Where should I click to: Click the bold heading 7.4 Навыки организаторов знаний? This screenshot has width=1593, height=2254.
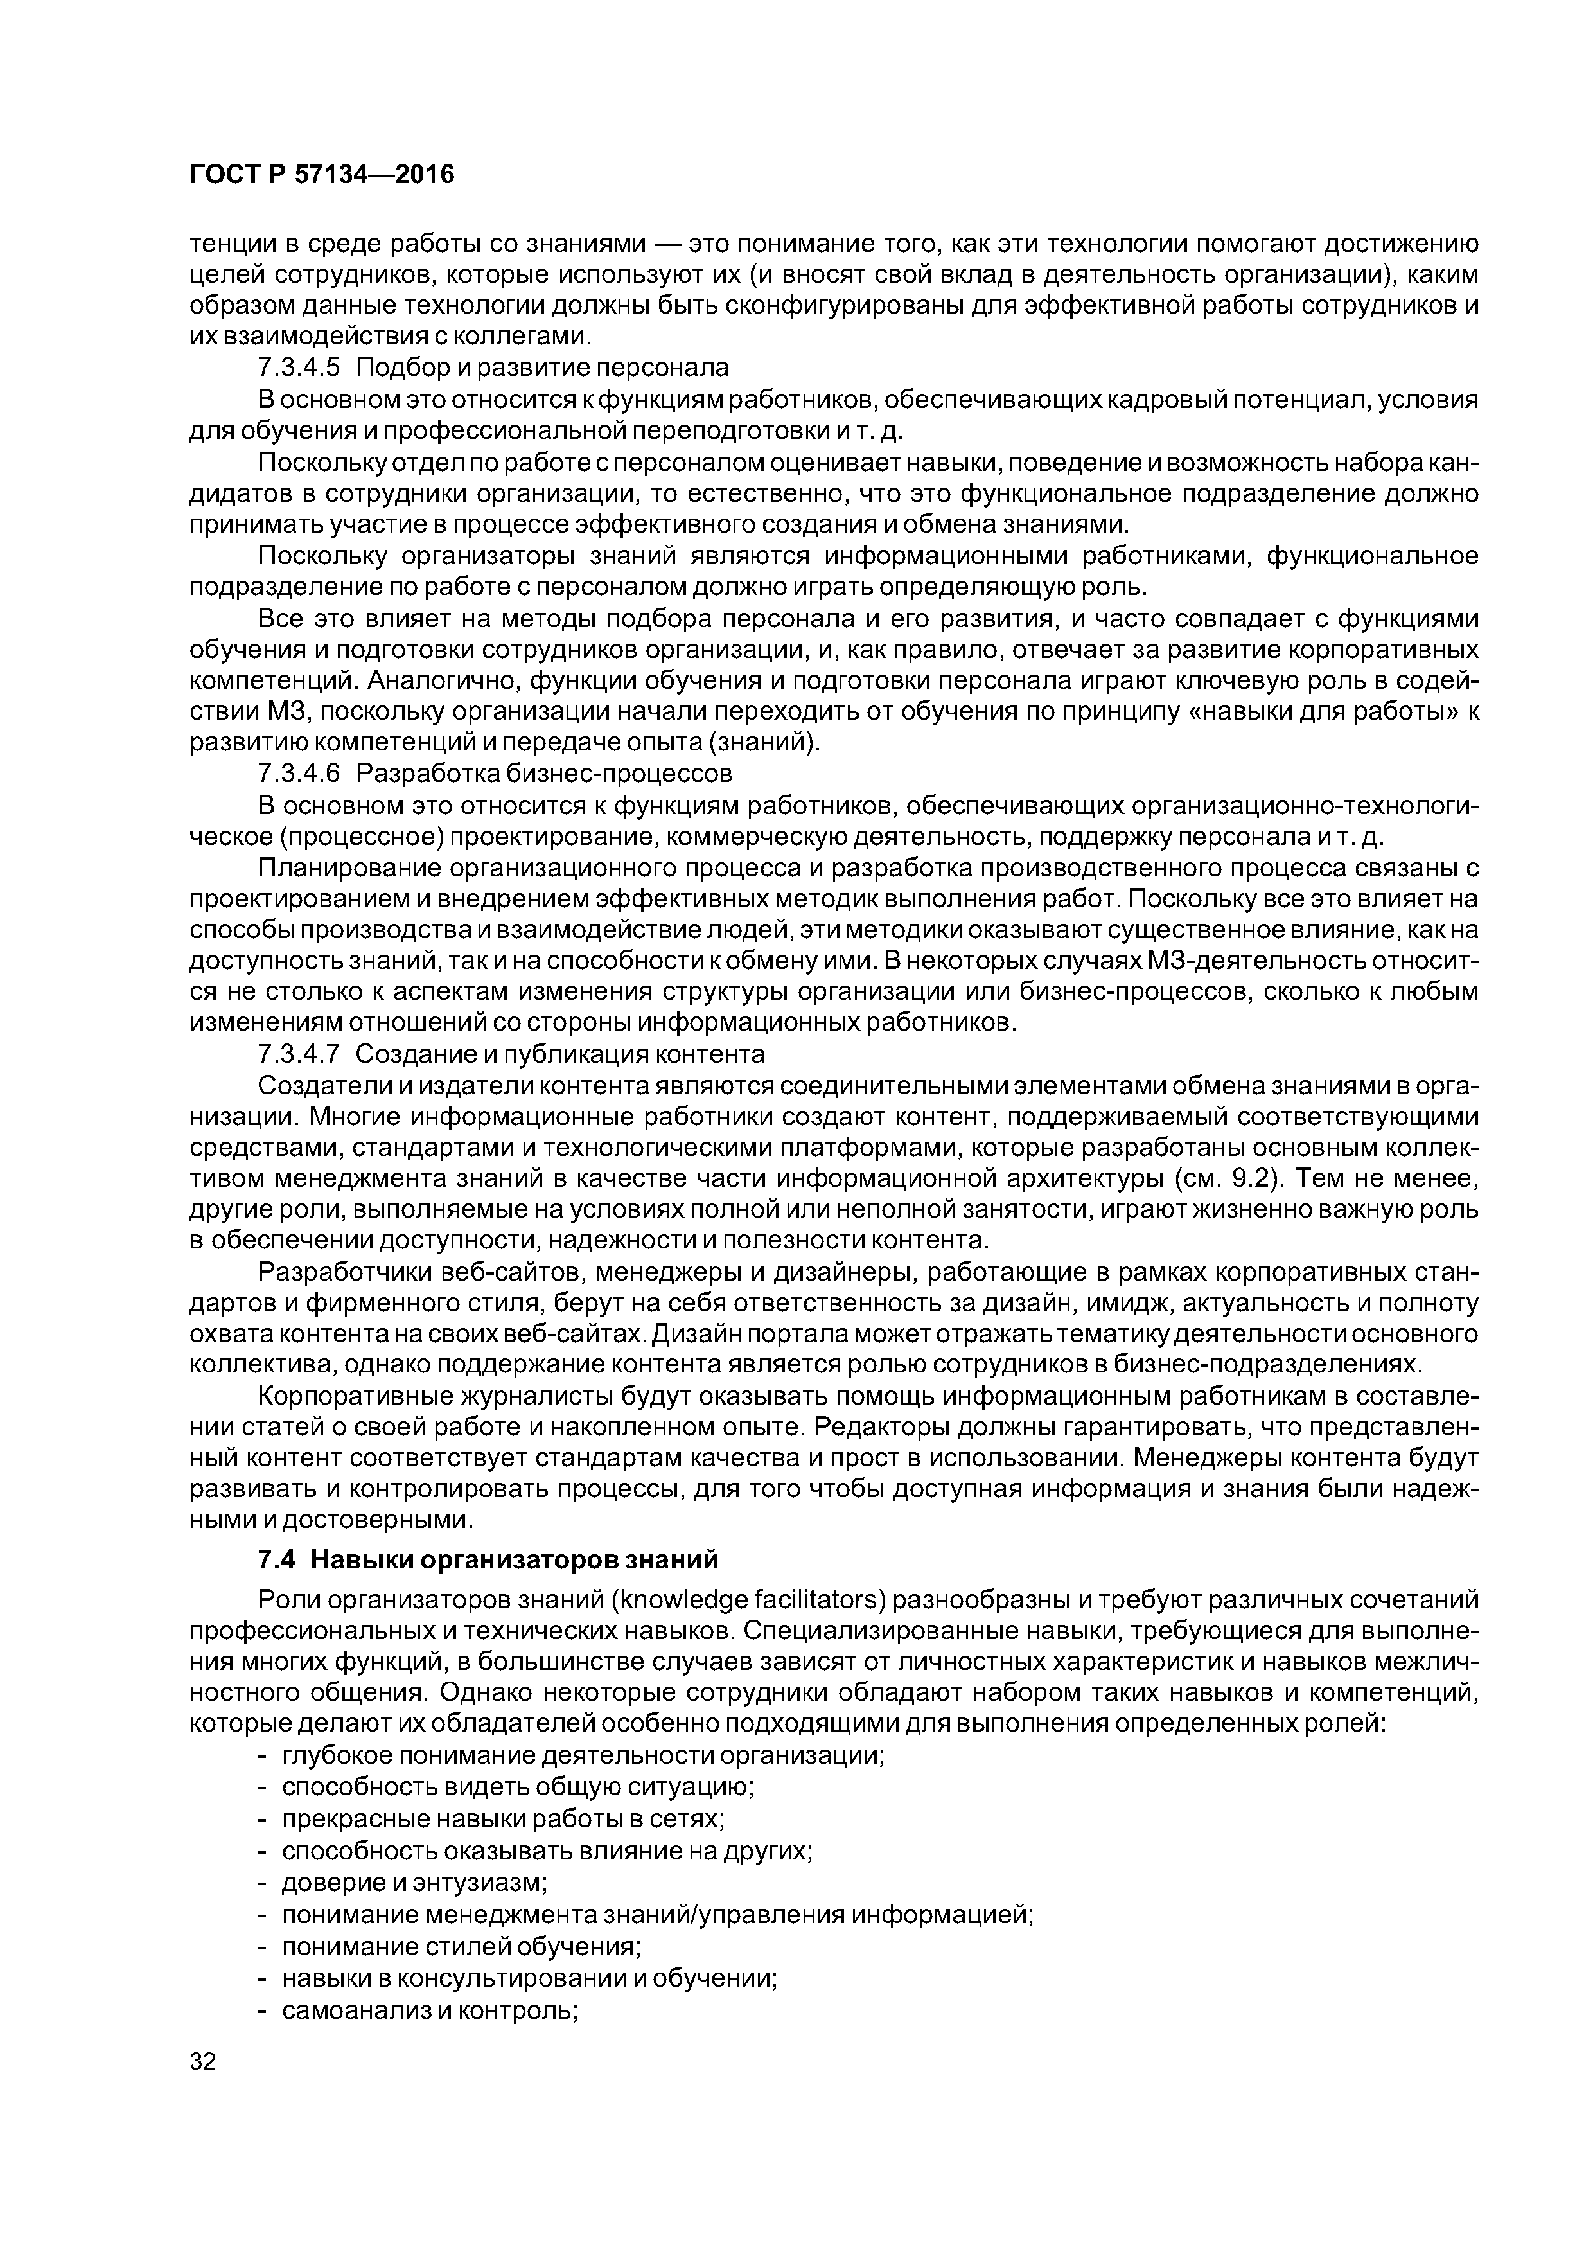[488, 1560]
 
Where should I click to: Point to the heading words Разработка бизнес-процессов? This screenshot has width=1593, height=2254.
[544, 774]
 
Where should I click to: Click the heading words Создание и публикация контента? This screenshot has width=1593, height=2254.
[559, 1054]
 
